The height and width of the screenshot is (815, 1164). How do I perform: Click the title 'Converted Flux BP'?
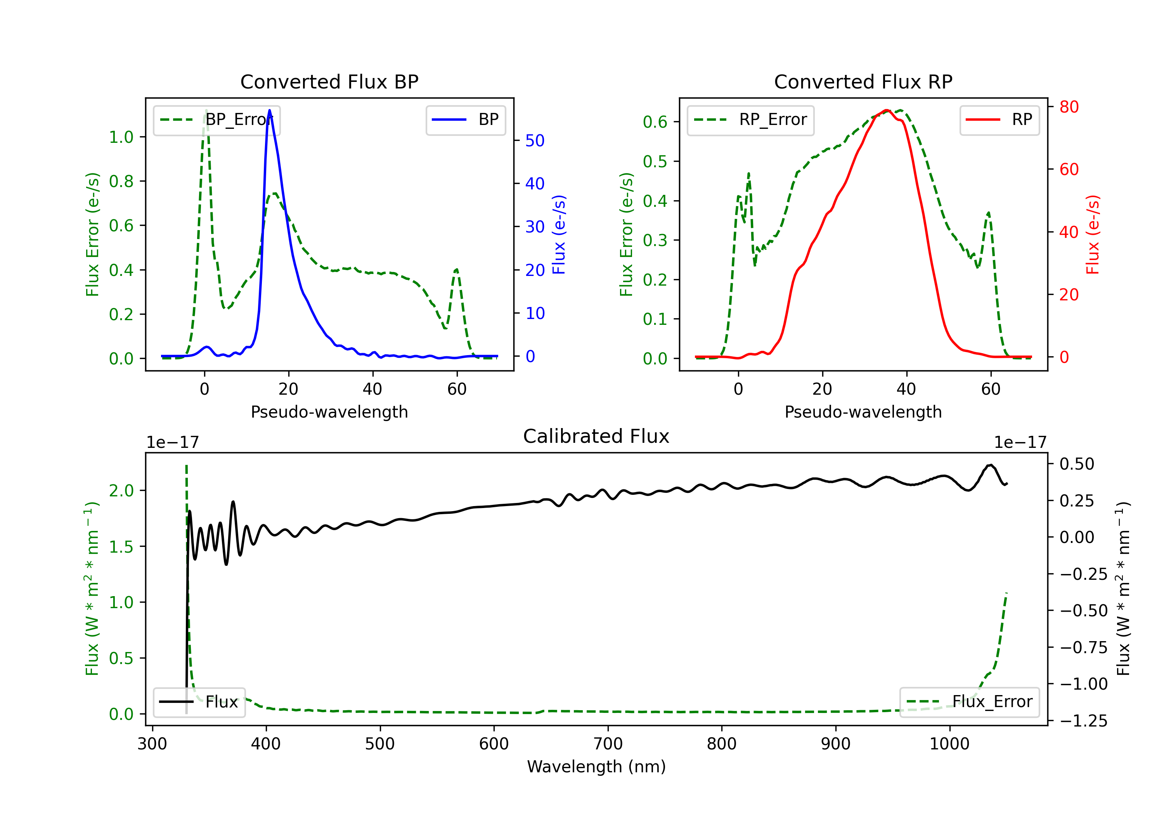tap(329, 81)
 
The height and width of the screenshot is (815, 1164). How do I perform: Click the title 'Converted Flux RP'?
tap(863, 81)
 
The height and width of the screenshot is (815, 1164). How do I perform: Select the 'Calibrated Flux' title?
tap(596, 436)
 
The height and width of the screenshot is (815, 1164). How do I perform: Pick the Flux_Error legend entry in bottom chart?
tap(969, 702)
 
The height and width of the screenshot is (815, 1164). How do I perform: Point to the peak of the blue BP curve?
tap(269, 110)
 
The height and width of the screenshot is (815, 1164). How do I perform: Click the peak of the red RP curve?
tap(886, 110)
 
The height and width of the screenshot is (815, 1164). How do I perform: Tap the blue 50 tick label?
tap(535, 140)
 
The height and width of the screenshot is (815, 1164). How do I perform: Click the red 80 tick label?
tap(1069, 107)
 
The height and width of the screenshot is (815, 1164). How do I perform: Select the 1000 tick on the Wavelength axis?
tap(949, 744)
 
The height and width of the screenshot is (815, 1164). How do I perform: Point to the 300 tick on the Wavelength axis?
tap(152, 744)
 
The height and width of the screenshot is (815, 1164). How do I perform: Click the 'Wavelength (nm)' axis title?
tap(596, 767)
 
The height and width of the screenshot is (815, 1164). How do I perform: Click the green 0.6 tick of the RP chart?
tap(655, 122)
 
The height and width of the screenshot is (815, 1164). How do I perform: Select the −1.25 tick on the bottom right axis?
tap(1083, 721)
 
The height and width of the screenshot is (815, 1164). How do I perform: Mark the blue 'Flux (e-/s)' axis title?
tap(559, 235)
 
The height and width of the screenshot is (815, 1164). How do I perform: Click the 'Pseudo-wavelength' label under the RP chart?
tap(863, 412)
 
